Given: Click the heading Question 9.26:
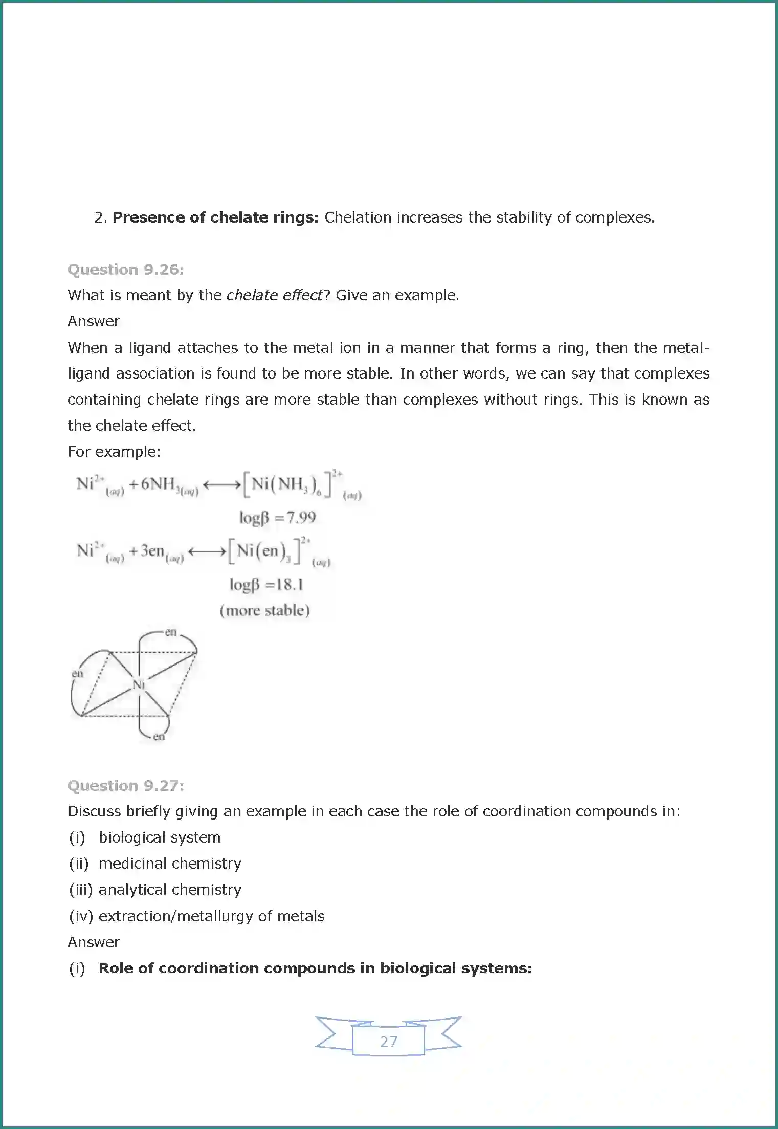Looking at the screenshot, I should [125, 269].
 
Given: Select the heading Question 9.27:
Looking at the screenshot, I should [125, 785].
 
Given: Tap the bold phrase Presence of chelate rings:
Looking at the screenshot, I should [215, 217].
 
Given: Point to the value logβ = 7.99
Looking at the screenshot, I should [278, 518].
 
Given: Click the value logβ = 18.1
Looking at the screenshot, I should [266, 584].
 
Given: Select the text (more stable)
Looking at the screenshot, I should [264, 610].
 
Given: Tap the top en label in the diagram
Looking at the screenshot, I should [170, 632].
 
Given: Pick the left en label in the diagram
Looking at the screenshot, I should [77, 673].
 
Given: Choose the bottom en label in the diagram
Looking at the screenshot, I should [159, 737].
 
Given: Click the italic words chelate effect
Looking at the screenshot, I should [275, 295].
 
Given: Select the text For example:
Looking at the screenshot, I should [114, 452].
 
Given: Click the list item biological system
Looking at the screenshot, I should [160, 837].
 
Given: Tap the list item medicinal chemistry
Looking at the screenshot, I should [170, 864].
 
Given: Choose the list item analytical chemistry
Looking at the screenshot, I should [170, 890].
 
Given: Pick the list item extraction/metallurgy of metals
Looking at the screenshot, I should [211, 916].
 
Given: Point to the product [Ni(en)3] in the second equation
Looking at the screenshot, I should [264, 551].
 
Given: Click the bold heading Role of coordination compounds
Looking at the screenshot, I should [315, 968].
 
